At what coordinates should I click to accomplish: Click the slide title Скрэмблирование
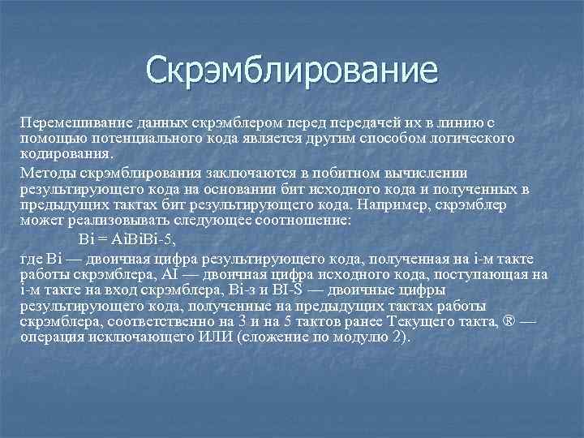click(x=291, y=71)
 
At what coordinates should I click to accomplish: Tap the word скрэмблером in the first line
click(x=230, y=121)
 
